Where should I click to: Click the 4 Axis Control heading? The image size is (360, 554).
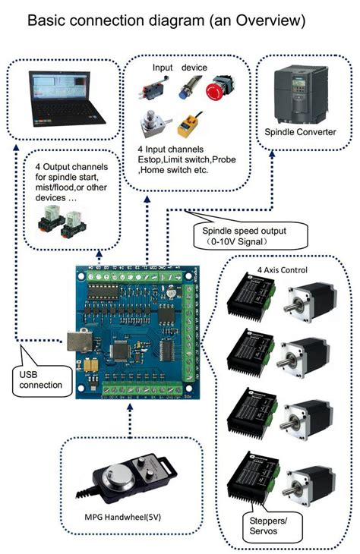[283, 269]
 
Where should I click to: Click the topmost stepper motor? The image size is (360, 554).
[302, 299]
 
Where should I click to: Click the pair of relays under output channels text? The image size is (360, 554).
[64, 221]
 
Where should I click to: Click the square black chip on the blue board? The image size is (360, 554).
[120, 350]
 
